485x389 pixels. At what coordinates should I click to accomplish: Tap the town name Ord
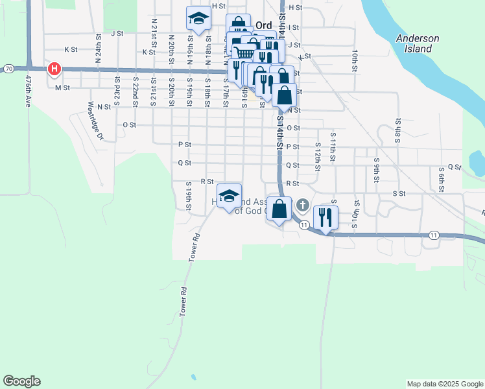[263, 25]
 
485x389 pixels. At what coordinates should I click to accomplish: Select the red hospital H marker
[55, 69]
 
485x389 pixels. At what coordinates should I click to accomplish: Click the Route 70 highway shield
[8, 68]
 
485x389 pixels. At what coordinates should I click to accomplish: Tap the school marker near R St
[228, 196]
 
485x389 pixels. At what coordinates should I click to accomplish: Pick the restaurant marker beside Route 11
[325, 217]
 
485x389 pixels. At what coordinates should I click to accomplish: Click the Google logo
[21, 381]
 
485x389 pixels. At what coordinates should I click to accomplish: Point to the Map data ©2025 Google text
[444, 384]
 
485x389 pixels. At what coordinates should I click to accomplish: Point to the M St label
[62, 88]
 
